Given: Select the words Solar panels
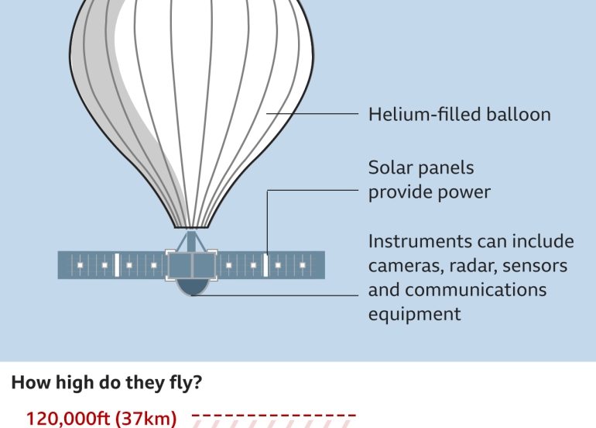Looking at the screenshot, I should point(421,168).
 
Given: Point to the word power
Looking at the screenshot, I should point(462,192).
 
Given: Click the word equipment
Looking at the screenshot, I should point(414,314).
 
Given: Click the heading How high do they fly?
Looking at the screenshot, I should point(105,383).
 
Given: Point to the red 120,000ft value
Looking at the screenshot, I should point(68,419).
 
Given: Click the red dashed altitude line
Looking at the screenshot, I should point(274,416).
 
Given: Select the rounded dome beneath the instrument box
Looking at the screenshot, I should point(192,288).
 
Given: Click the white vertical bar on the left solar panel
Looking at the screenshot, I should point(116,265).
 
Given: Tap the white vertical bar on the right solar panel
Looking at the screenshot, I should point(265,265).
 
